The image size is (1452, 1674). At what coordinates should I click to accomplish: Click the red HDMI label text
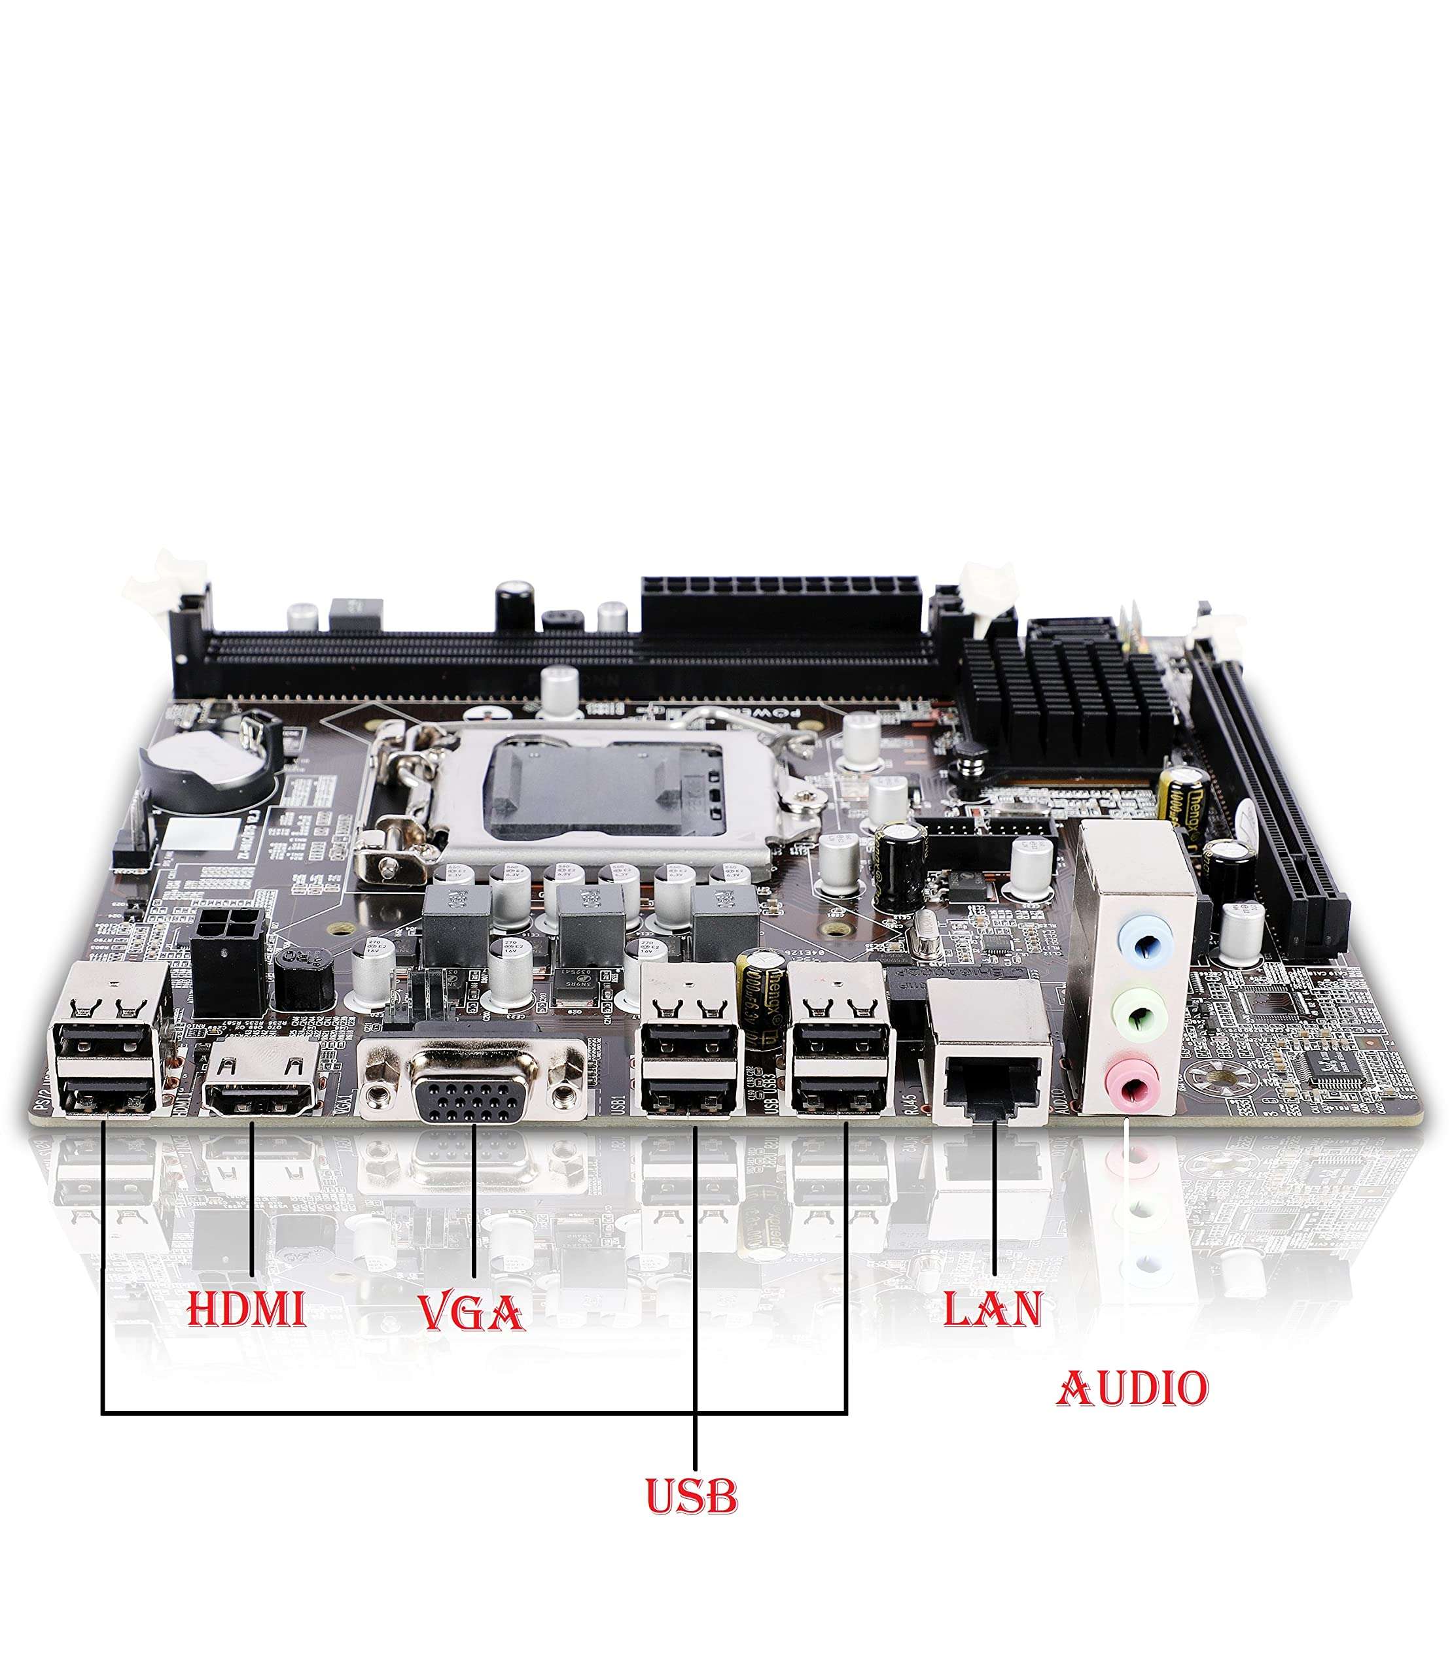point(246,1310)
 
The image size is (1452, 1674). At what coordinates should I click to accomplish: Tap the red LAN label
point(993,1308)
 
